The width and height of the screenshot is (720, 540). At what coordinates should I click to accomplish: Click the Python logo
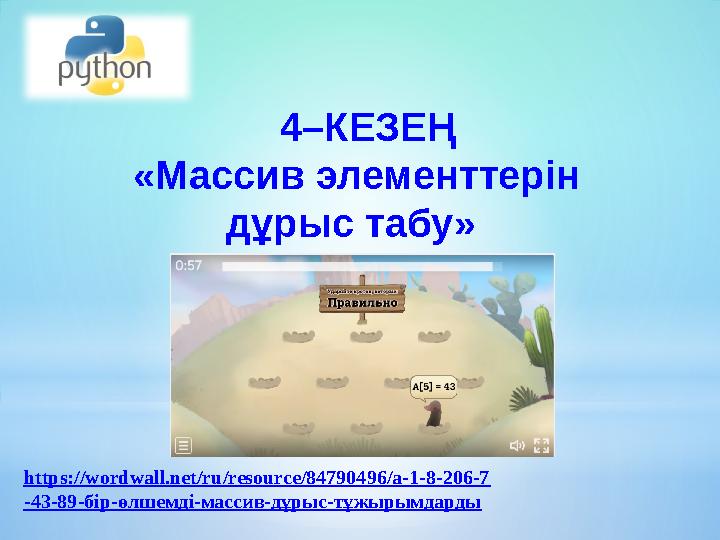coord(107,56)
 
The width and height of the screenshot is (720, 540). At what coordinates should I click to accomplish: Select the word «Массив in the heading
coord(219,179)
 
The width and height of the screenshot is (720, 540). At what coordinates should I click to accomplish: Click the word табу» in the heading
coord(420,228)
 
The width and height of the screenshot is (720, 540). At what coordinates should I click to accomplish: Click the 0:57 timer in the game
coord(189,266)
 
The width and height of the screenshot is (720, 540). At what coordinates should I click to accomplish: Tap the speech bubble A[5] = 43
coord(434,385)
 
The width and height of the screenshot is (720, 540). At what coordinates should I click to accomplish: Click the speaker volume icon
coord(517,445)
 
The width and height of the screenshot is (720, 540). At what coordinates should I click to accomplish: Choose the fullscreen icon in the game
coord(541,445)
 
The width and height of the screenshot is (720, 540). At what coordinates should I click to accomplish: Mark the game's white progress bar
coord(357,267)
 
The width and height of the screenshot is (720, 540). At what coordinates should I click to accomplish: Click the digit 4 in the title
coord(291,129)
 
